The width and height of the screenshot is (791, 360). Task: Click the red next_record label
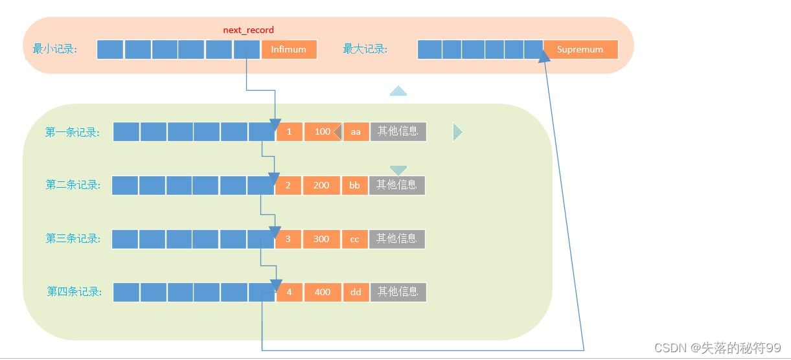(248, 30)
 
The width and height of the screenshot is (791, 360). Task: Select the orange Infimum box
(289, 49)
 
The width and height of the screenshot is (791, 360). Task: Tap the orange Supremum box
(580, 49)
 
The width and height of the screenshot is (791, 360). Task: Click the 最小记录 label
(55, 49)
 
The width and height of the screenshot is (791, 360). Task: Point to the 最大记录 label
(365, 49)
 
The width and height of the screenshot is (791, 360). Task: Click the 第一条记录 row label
(73, 132)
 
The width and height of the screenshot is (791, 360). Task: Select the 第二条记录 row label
(73, 185)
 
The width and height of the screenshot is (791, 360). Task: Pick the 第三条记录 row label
(73, 239)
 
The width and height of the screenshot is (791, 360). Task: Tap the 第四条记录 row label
(74, 292)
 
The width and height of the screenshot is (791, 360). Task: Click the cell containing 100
(322, 132)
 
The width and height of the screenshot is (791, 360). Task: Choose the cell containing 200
(321, 185)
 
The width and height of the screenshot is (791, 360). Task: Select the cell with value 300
(321, 239)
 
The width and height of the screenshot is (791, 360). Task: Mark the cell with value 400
(323, 292)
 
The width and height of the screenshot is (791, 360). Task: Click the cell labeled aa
(356, 132)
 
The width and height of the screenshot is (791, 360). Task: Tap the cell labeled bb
(354, 185)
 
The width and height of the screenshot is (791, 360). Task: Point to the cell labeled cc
(354, 239)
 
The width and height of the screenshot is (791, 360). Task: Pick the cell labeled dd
(356, 292)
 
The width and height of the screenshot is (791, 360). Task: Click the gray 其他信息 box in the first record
(398, 131)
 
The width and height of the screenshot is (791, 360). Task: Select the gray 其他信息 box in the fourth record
(398, 292)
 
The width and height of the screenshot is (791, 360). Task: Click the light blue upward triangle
(398, 92)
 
